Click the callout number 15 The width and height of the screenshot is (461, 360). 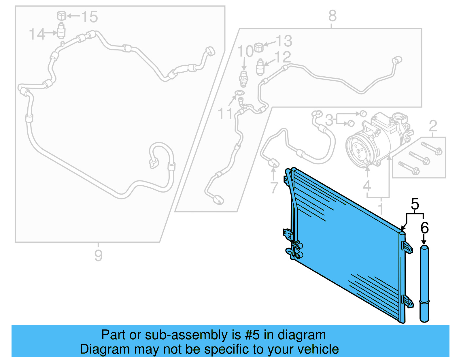(x=90, y=17)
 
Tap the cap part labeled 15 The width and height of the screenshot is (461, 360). (x=61, y=15)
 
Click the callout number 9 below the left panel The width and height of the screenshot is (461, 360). (x=98, y=255)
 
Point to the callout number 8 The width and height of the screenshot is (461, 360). (x=332, y=16)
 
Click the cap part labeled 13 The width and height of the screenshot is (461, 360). (x=259, y=47)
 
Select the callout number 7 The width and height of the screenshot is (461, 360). (x=274, y=187)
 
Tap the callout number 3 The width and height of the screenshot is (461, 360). (x=329, y=120)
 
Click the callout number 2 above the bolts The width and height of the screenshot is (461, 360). (x=433, y=126)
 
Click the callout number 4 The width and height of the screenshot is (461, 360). (x=367, y=186)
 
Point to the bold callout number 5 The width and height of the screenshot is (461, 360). (x=415, y=204)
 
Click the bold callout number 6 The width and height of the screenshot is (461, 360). (x=424, y=228)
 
